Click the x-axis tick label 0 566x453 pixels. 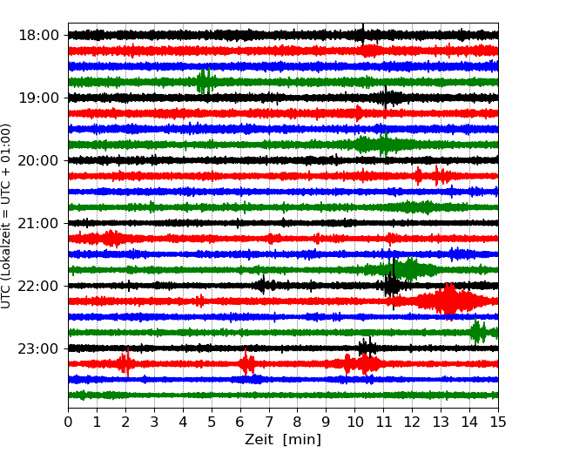click(69, 423)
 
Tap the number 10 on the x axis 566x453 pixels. click(354, 423)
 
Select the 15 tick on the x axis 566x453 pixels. click(497, 423)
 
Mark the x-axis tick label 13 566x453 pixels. click(441, 423)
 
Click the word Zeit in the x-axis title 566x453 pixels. click(259, 440)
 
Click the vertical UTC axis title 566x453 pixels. click(7, 215)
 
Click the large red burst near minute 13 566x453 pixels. click(448, 301)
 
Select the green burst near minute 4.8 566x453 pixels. click(206, 82)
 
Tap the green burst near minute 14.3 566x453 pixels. click(477, 332)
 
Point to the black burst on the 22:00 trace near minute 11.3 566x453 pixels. click(393, 285)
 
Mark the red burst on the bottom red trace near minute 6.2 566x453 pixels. click(247, 363)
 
